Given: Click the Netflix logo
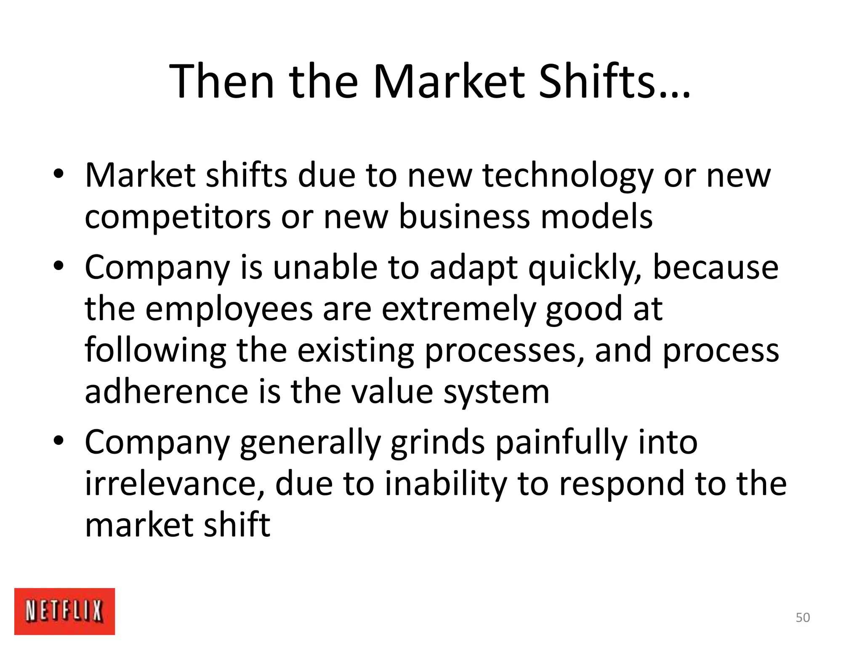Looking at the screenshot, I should (x=64, y=611).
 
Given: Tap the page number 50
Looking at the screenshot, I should (x=803, y=618).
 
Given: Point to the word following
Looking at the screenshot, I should (x=155, y=351).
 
